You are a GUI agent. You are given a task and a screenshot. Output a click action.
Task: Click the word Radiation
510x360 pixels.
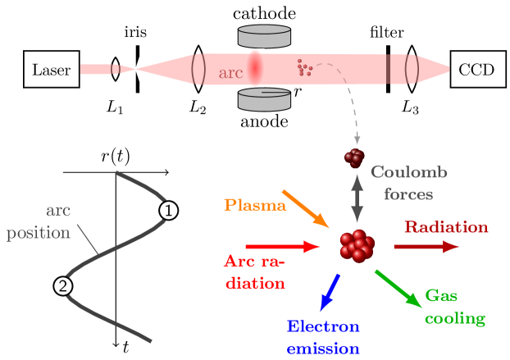(446, 227)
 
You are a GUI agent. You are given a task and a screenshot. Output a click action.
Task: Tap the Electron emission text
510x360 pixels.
(323, 337)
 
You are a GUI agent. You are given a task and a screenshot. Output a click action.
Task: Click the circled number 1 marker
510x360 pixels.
(168, 211)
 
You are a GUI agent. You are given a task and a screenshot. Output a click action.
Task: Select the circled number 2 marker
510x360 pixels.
(62, 286)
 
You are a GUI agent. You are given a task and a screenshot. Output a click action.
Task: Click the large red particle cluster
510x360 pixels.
(357, 246)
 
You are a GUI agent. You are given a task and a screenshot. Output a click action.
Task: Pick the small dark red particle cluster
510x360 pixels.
(354, 157)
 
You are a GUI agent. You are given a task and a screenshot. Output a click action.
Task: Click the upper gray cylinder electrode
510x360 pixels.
(264, 37)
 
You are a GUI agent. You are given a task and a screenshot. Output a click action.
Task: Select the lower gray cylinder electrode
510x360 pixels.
(264, 98)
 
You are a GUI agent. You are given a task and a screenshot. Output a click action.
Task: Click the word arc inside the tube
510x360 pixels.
(230, 73)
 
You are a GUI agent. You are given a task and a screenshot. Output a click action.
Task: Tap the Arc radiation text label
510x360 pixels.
(253, 272)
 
